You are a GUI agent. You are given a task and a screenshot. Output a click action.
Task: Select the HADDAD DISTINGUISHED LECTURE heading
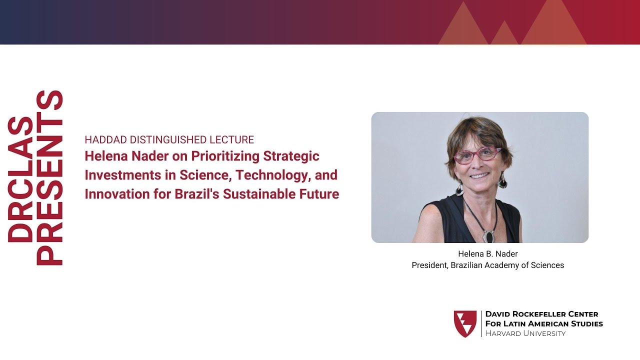[169, 140]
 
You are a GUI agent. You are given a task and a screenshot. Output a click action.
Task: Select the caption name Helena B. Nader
[487, 254]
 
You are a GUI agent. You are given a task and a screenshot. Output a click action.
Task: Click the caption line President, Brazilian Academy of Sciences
[487, 265]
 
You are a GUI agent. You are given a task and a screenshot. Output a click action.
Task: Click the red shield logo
[465, 323]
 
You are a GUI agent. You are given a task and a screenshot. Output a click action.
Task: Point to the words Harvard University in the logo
[525, 333]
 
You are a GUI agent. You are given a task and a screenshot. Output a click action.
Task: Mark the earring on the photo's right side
[502, 180]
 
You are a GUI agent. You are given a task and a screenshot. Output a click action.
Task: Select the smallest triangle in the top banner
[504, 35]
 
